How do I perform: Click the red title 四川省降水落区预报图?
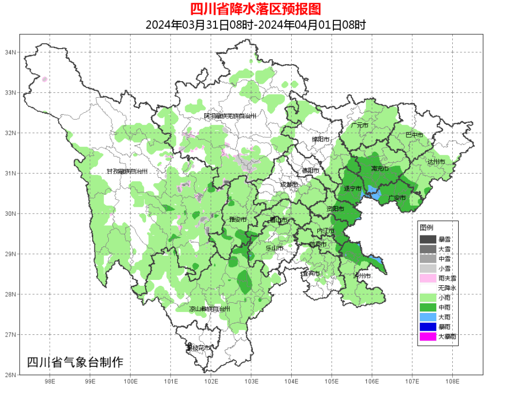click(x=255, y=9)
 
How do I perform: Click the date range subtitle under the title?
click(x=255, y=25)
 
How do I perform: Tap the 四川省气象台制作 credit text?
click(x=75, y=362)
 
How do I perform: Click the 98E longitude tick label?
click(x=50, y=381)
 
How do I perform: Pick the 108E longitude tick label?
click(x=452, y=381)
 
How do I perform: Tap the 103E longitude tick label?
click(x=251, y=381)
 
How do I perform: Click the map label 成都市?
click(x=290, y=185)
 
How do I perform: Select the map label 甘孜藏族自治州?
click(x=126, y=171)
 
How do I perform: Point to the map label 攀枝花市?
click(x=198, y=348)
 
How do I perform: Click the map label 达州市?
click(x=436, y=161)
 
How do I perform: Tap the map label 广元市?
click(x=360, y=125)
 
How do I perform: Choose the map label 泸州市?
click(x=362, y=276)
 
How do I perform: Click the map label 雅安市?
click(x=237, y=220)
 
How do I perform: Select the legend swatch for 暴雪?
click(x=428, y=239)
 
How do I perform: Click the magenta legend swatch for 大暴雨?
click(x=428, y=337)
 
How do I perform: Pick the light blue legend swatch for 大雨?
click(x=428, y=317)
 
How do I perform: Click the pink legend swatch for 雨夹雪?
click(x=428, y=278)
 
